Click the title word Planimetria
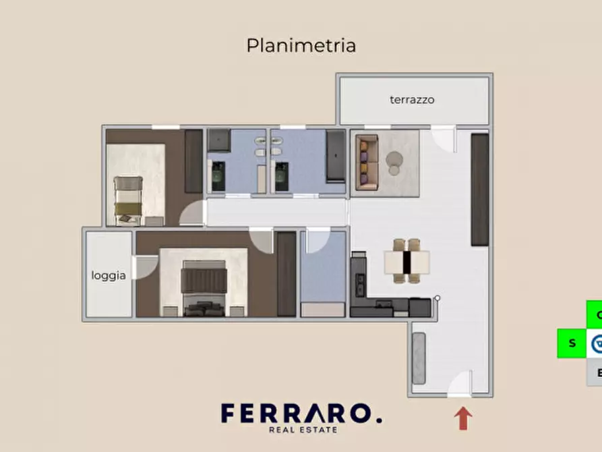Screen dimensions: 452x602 [x=301, y=46]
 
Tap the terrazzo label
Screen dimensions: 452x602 [x=412, y=100]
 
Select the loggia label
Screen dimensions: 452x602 [x=109, y=275]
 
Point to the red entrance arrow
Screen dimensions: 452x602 [x=463, y=418]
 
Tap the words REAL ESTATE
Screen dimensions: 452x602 [x=303, y=429]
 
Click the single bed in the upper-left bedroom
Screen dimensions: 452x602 [x=128, y=200]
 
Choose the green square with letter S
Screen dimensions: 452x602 [x=572, y=343]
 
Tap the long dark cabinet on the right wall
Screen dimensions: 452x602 [x=479, y=189]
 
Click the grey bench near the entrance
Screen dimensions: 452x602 [x=418, y=358]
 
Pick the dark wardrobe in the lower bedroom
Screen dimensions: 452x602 [x=287, y=273]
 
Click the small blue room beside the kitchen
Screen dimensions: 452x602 [x=323, y=273]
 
